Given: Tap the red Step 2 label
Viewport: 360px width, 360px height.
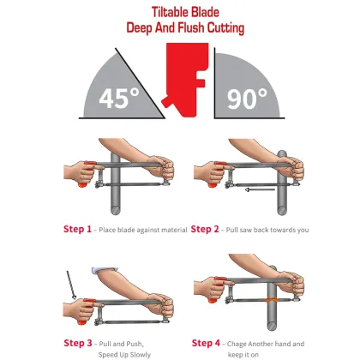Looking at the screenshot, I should [208, 229].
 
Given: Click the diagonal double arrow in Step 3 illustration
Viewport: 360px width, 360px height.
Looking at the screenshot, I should [69, 286].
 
